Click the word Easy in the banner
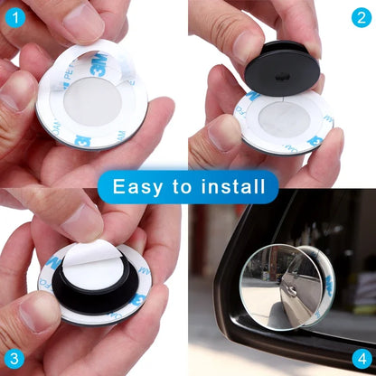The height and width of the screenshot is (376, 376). pos(143,187)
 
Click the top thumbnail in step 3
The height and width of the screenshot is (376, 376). pos(80,221)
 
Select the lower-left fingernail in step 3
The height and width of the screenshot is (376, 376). pos(37,312)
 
